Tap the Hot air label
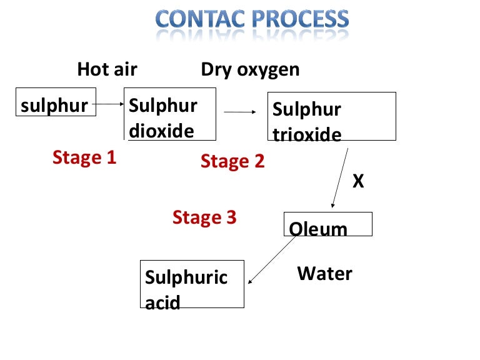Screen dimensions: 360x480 (x=107, y=69)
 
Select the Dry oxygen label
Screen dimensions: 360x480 (x=250, y=69)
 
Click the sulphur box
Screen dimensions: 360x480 (x=56, y=105)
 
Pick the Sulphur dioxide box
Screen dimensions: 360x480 (x=171, y=114)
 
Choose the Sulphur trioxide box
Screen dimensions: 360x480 (x=331, y=116)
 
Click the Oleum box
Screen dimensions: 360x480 (x=328, y=224)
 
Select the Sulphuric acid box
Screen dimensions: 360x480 (x=192, y=284)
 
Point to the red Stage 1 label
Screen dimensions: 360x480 (x=84, y=157)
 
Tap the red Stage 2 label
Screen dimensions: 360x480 (x=232, y=162)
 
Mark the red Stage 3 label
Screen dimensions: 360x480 (x=204, y=217)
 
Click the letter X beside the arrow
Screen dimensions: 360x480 (x=358, y=181)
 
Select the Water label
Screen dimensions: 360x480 (x=324, y=274)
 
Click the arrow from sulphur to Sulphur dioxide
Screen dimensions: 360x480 (x=111, y=104)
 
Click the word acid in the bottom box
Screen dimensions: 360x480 (x=162, y=303)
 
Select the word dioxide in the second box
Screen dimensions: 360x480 (x=161, y=131)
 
